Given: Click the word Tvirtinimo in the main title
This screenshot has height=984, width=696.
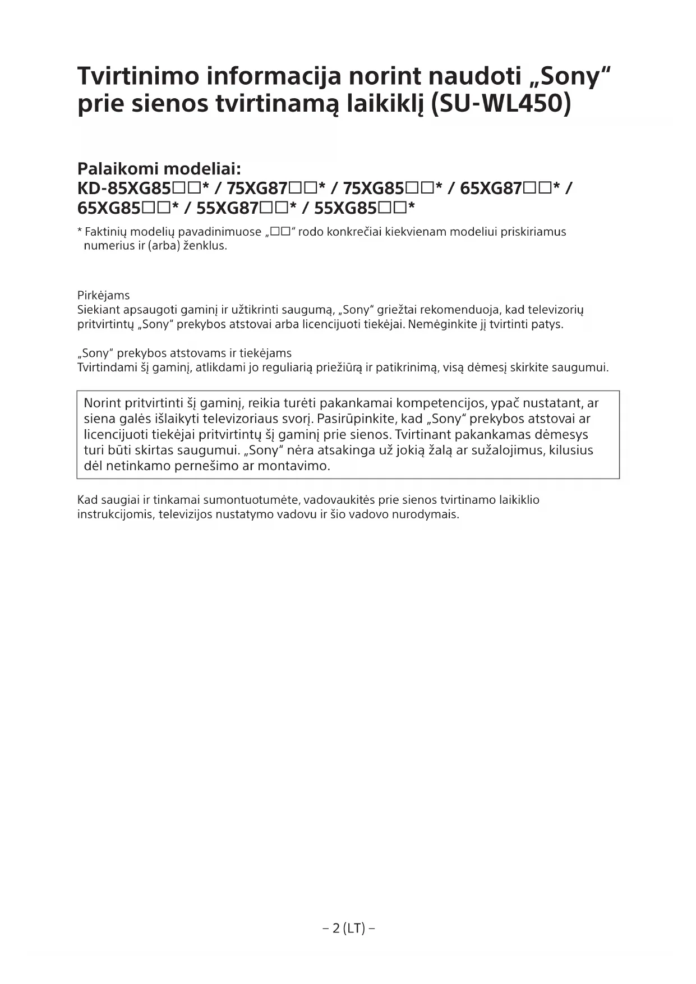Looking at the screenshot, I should [x=138, y=76].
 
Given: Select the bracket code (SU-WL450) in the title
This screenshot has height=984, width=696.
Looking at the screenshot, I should [x=501, y=104].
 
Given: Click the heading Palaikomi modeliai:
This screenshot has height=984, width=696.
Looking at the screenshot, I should [x=159, y=168].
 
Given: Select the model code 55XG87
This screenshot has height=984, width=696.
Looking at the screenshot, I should [x=227, y=208].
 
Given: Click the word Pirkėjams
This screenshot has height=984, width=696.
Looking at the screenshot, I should [x=103, y=296].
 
